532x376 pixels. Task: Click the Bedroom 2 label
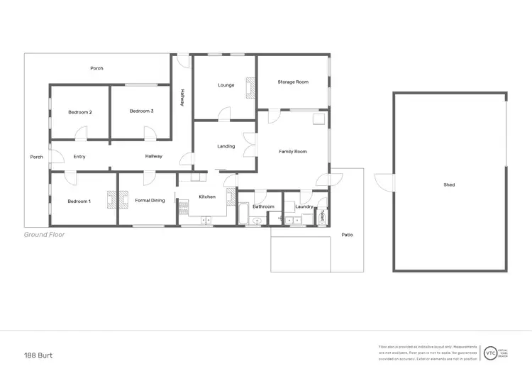pos(80,112)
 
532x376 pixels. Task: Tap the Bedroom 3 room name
pos(142,111)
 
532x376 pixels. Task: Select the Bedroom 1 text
pos(79,201)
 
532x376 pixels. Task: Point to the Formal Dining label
pos(150,201)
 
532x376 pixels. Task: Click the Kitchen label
pos(207,197)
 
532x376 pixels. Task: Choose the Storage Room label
pos(293,82)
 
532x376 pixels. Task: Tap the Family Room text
pos(292,152)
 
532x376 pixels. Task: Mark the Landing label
pos(226,147)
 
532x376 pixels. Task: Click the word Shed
pos(449,185)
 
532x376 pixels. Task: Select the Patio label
pos(348,235)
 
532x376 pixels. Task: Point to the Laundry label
pos(304,207)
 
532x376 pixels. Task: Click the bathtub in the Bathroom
pos(244,214)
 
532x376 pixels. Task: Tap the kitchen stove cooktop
pos(184,208)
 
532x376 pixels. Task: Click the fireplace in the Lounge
pos(250,87)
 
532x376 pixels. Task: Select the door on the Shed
pos(384,182)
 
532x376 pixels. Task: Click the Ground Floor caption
pos(45,235)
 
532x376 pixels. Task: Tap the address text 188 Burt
pos(39,355)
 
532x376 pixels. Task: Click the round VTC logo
pos(490,353)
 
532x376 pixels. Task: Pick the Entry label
pos(79,157)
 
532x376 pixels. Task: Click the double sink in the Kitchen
pos(207,221)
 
